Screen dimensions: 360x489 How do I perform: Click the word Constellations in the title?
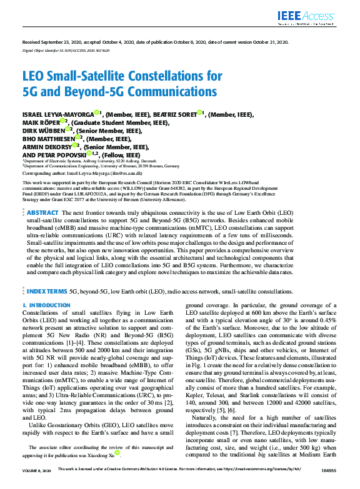(x=167, y=77)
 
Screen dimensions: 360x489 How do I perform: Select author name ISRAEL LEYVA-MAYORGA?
(x=57, y=114)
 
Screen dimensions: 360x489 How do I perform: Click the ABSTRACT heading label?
(x=43, y=213)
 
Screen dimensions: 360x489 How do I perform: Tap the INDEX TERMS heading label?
(x=47, y=291)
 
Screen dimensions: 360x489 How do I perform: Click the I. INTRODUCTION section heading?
(x=46, y=305)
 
